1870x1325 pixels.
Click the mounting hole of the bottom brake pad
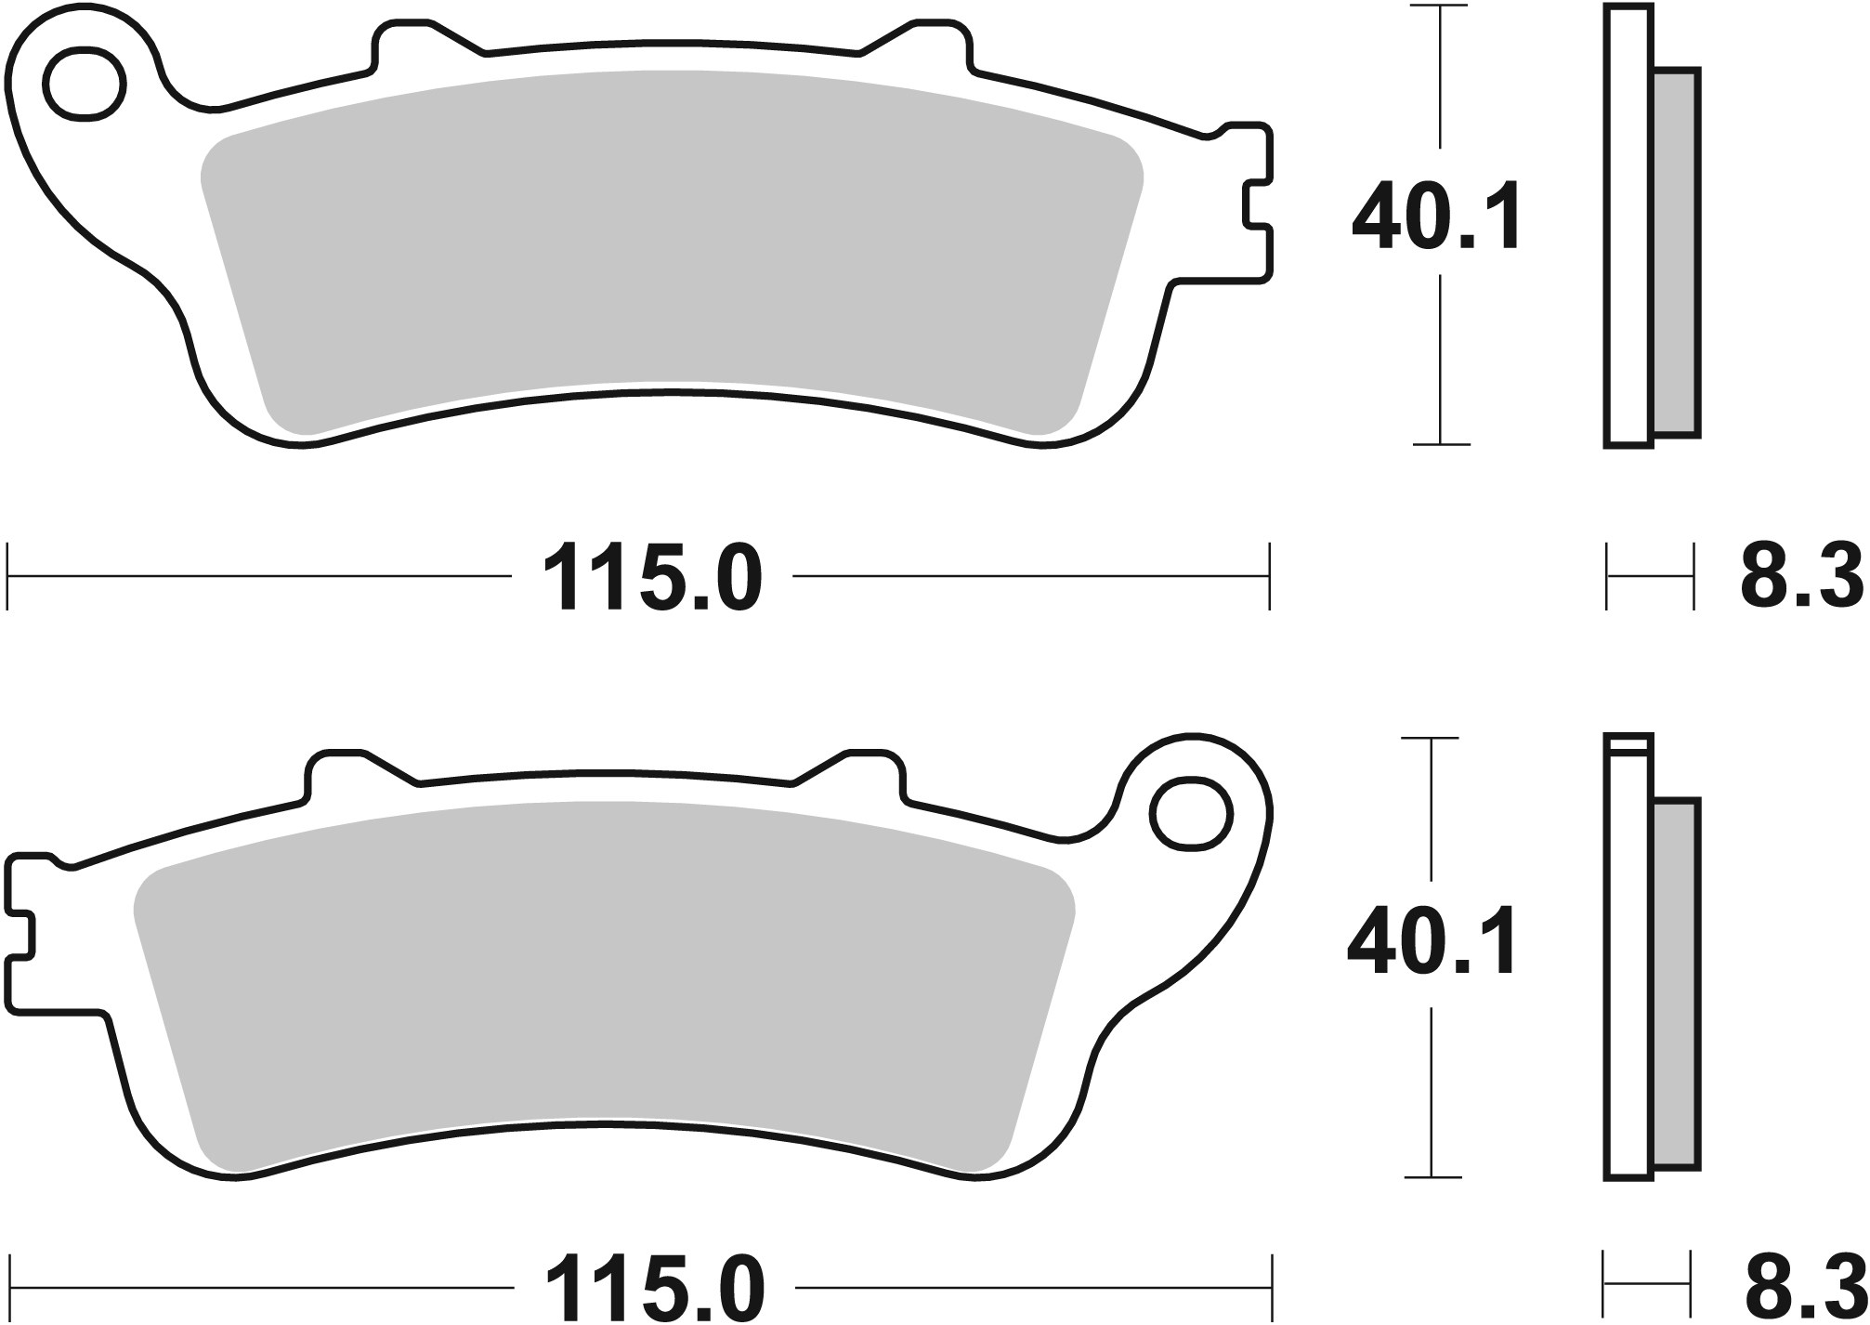(1191, 815)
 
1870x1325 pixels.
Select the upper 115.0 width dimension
(652, 579)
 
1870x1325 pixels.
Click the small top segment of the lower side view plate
(1628, 742)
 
